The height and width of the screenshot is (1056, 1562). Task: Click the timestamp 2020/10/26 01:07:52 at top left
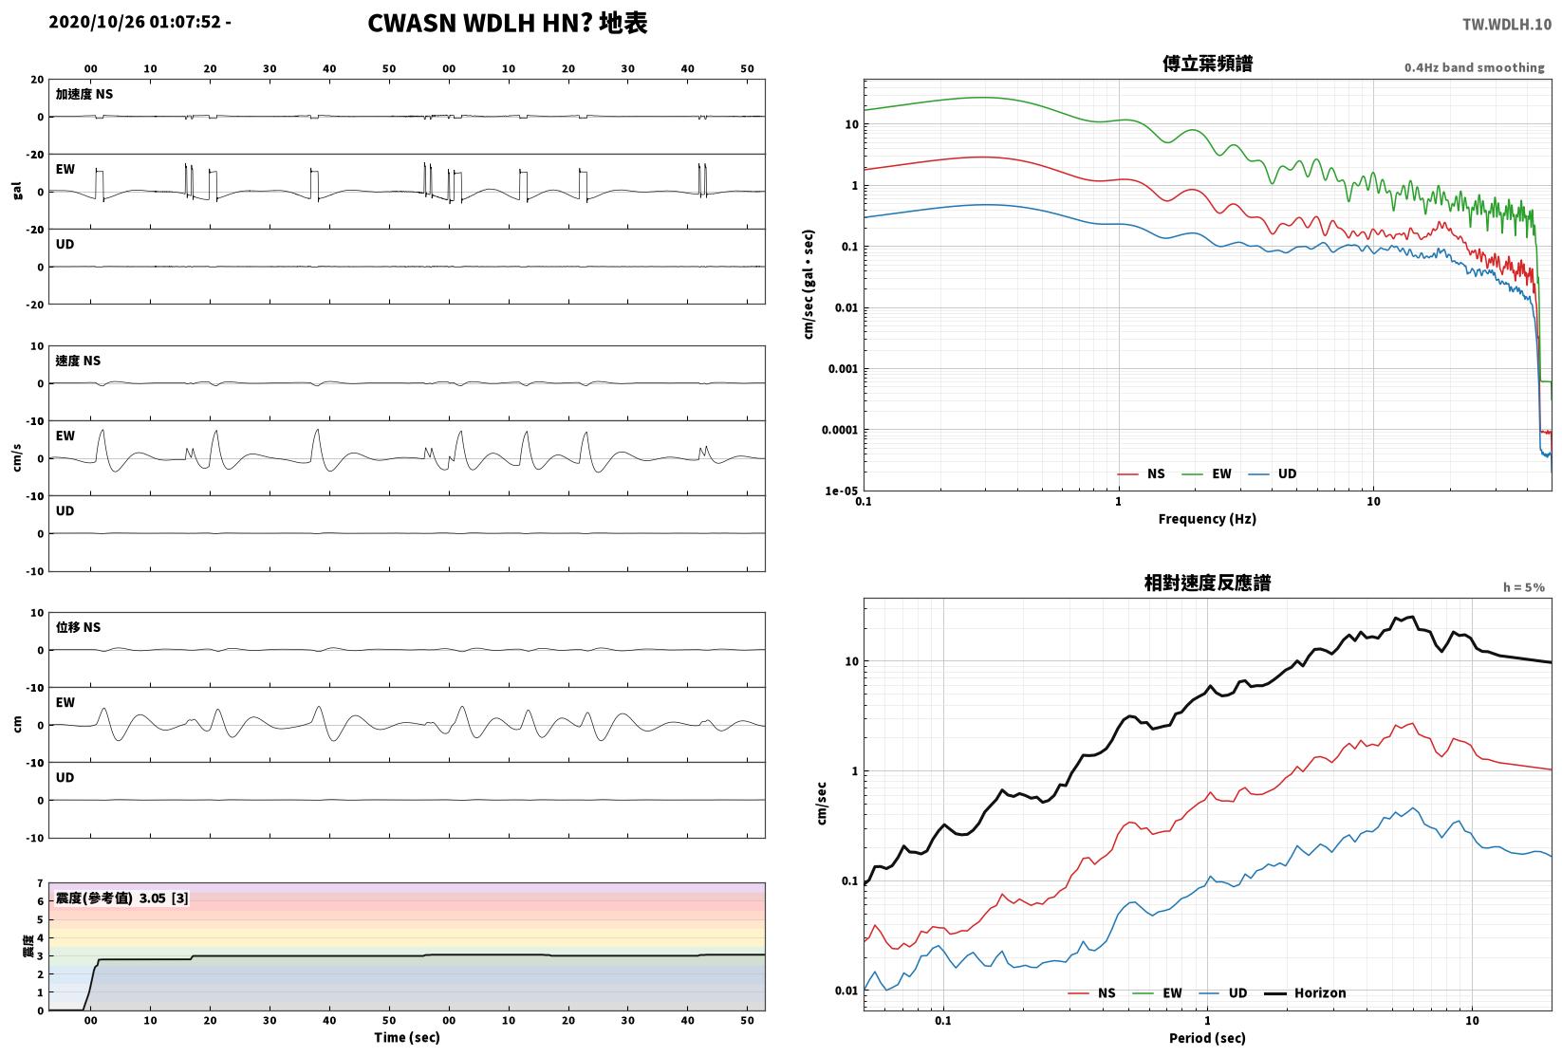[135, 22]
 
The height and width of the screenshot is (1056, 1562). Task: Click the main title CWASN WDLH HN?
[480, 23]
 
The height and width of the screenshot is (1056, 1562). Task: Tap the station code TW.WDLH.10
[1506, 25]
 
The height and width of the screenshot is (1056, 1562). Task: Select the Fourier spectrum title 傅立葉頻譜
[1207, 64]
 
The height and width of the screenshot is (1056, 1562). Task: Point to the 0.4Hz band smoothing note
[1474, 67]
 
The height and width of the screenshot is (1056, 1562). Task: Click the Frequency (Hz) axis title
[1207, 519]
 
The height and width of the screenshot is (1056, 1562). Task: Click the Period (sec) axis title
[1207, 1038]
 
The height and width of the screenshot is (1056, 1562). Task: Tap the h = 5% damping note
[1524, 587]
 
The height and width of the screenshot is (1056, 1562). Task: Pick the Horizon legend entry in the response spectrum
[1306, 992]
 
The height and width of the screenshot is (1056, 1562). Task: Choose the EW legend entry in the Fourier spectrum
[1207, 474]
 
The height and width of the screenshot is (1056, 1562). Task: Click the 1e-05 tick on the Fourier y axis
[841, 491]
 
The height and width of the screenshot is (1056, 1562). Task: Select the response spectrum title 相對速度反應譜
[1207, 583]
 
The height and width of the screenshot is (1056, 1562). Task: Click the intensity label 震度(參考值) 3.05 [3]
[122, 898]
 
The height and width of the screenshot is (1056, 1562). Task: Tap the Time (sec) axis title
[407, 1037]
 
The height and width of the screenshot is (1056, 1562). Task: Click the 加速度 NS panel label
[84, 94]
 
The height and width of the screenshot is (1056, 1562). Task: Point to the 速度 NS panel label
[78, 361]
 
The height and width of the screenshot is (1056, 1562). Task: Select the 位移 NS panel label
[78, 627]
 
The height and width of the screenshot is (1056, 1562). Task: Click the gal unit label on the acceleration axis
[17, 191]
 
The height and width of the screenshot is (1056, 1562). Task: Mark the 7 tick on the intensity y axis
[41, 883]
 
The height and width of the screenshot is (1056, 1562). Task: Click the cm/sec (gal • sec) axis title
[809, 285]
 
